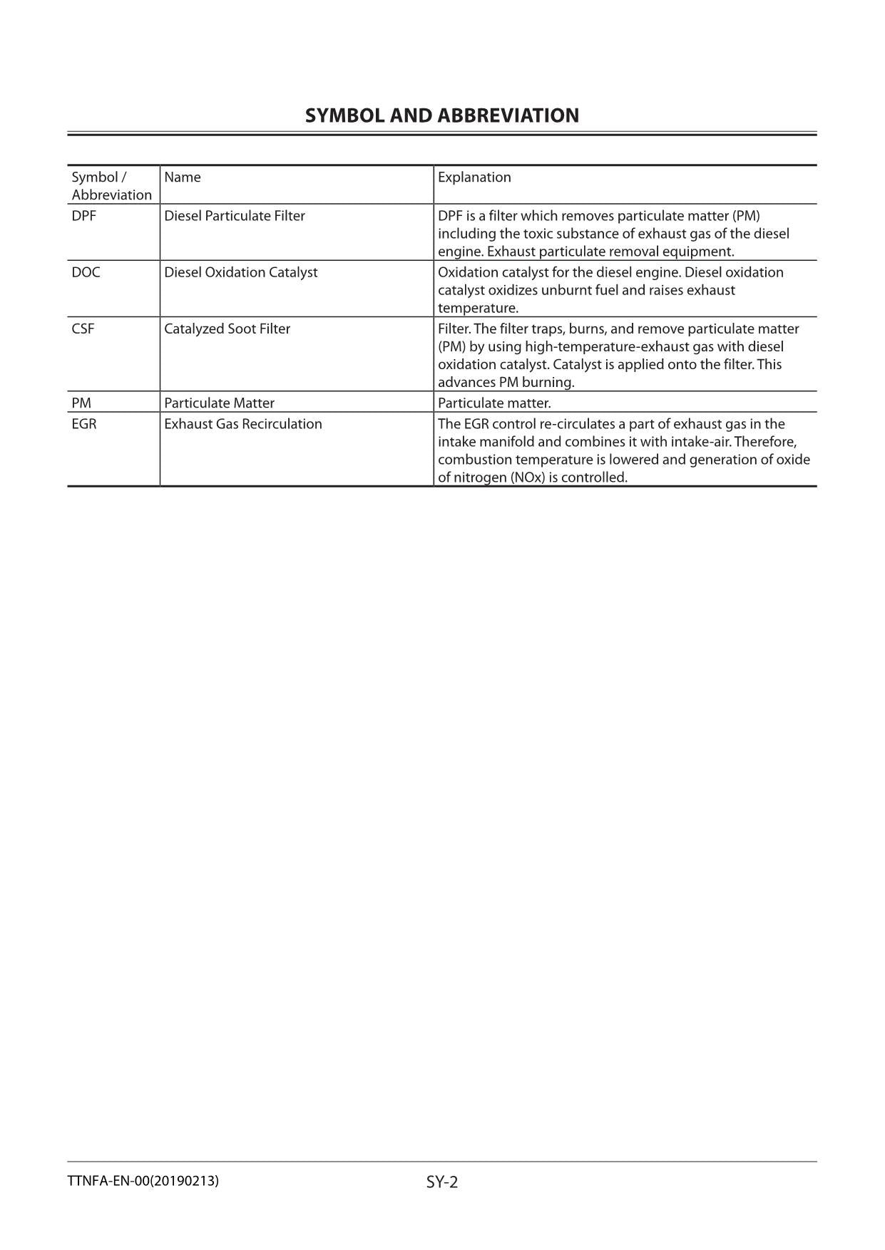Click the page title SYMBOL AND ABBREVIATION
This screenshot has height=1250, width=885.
click(x=442, y=115)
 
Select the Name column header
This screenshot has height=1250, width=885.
click(x=183, y=177)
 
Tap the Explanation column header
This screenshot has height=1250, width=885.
click(x=474, y=177)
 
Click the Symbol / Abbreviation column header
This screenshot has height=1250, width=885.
click(x=112, y=186)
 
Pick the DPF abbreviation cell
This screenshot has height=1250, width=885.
click(x=83, y=216)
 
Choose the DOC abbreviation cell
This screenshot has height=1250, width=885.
click(x=86, y=272)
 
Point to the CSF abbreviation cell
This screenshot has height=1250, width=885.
click(x=83, y=329)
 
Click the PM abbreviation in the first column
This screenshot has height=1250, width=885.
click(x=81, y=403)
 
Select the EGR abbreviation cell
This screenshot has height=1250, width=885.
click(x=84, y=424)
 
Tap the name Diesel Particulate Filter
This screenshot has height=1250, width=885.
click(x=235, y=216)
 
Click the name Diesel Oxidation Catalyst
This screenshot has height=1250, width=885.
click(x=241, y=272)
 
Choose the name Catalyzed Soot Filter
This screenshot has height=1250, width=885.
click(x=227, y=329)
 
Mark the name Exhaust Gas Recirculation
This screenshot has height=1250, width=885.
click(x=243, y=424)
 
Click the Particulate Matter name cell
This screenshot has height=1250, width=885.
click(x=219, y=403)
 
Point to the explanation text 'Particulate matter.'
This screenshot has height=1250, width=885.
click(x=494, y=403)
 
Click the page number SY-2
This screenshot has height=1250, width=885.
click(x=442, y=1182)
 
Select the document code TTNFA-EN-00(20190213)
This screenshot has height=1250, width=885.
click(x=143, y=1181)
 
